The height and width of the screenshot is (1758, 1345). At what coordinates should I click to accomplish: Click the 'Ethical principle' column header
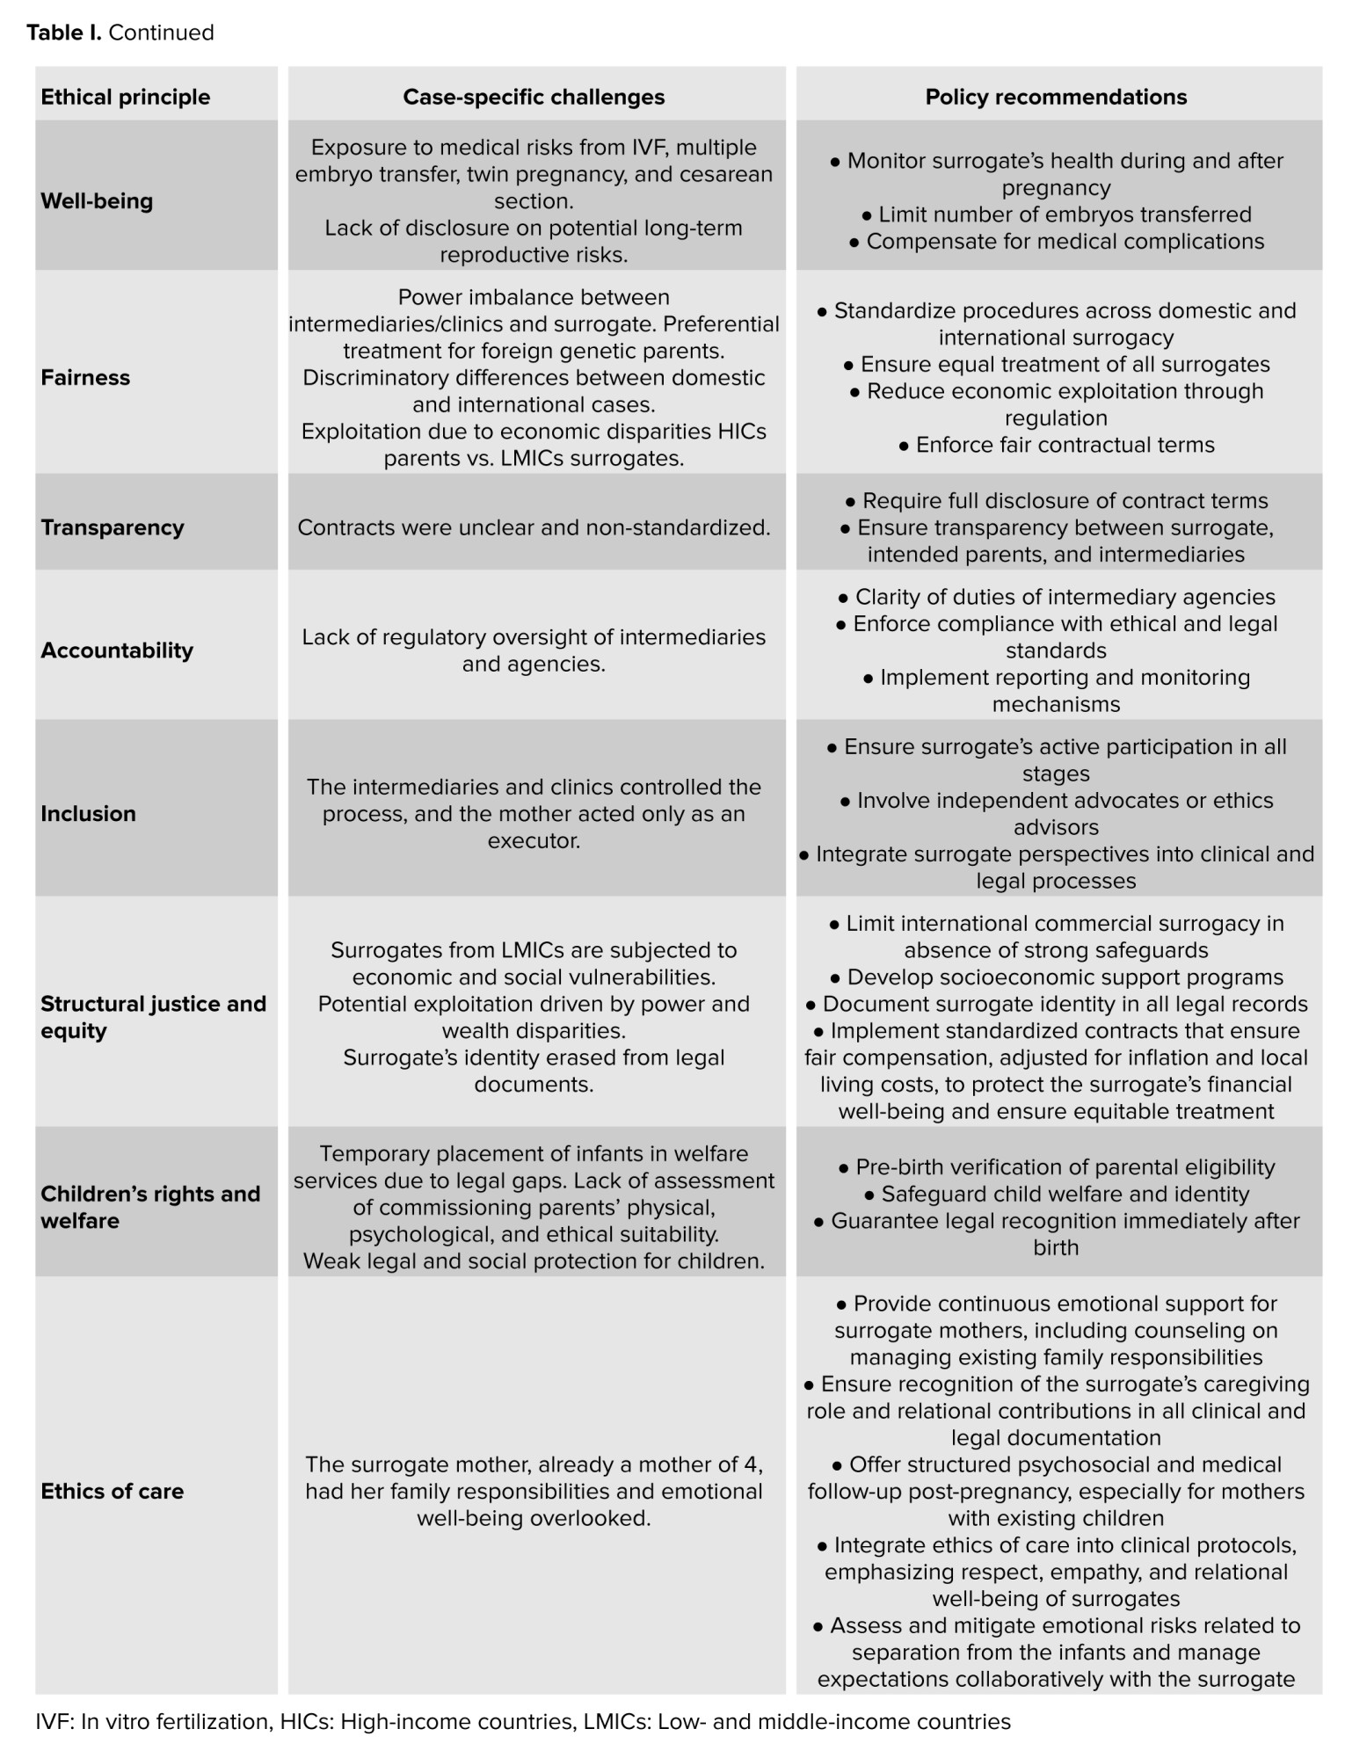[x=126, y=97]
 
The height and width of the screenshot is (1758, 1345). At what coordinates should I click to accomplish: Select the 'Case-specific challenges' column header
[x=534, y=97]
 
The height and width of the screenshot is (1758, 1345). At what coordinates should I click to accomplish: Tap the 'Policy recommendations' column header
[x=1056, y=97]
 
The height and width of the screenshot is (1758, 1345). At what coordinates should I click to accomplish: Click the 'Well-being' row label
[x=97, y=201]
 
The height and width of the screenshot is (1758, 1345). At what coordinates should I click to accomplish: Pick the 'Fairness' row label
[x=85, y=378]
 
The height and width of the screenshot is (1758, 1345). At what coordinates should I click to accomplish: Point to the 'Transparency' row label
[x=113, y=527]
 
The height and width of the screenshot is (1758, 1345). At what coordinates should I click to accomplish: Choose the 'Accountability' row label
[x=117, y=650]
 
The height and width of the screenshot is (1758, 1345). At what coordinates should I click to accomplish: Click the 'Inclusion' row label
[x=88, y=814]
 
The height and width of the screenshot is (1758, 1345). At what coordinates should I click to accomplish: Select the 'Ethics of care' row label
[x=113, y=1491]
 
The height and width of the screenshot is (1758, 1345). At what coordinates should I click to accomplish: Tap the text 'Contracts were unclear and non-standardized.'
[x=534, y=527]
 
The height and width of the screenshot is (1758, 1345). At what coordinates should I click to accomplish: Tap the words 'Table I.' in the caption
[x=63, y=33]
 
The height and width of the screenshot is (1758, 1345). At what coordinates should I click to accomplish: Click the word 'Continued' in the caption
[x=161, y=33]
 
